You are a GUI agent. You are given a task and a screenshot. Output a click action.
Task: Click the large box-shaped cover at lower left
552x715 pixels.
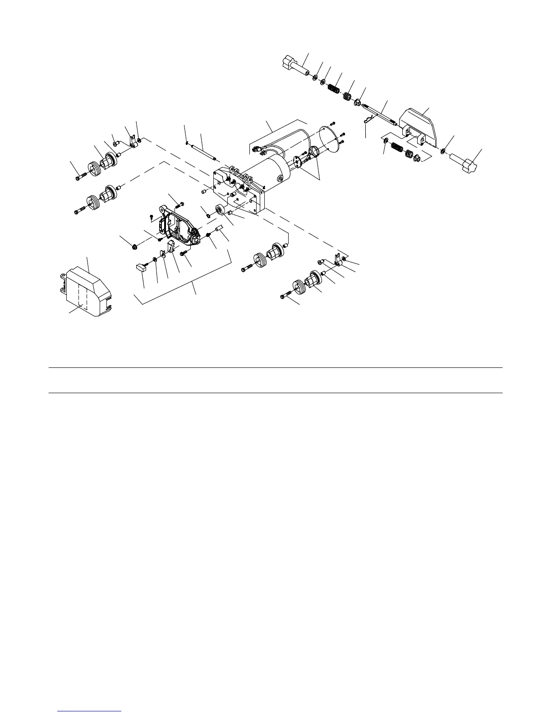(x=86, y=292)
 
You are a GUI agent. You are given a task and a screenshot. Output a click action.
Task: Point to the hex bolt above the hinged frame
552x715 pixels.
(x=177, y=205)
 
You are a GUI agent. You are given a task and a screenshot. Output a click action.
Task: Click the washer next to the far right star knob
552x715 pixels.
(x=443, y=150)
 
